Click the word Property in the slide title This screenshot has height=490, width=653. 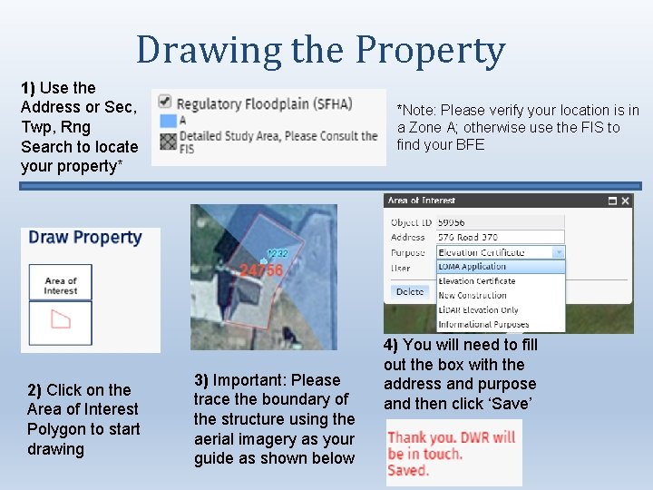pos(430,53)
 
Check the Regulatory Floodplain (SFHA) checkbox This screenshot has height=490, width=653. pos(164,103)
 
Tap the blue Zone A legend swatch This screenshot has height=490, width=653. pos(166,121)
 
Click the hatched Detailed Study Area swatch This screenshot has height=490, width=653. pos(166,141)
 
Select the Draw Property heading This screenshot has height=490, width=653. pos(85,238)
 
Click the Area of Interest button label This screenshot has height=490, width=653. pos(61,285)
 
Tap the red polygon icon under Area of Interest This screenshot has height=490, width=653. pos(61,320)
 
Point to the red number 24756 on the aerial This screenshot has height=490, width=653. pos(261,270)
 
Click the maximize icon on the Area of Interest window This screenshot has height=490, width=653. pos(612,201)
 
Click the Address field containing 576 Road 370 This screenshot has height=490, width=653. pos(500,237)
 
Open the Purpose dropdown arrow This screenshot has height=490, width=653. pos(559,252)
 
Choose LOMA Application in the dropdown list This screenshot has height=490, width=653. pos(473,267)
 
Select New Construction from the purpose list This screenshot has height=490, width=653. pos(473,296)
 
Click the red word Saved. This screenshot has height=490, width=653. pos(408,470)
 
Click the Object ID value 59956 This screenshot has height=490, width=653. pos(452,222)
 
